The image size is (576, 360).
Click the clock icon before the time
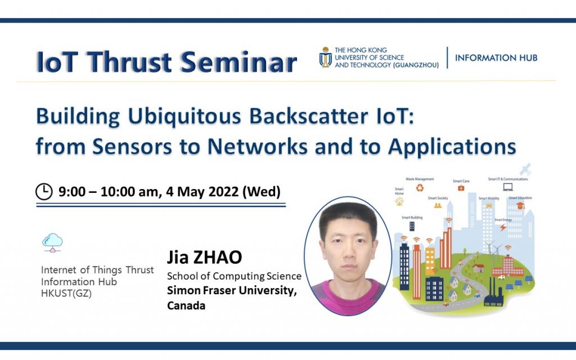click(x=43, y=192)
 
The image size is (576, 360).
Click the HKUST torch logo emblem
click(x=325, y=57)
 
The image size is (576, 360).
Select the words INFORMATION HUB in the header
click(x=496, y=58)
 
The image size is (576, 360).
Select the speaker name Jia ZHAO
click(x=204, y=258)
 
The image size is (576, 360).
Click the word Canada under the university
click(x=186, y=306)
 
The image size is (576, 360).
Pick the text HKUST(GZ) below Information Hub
click(x=67, y=294)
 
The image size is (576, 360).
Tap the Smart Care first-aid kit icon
click(x=461, y=188)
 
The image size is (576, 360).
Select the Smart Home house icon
click(x=399, y=201)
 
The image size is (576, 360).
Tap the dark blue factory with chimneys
click(x=493, y=293)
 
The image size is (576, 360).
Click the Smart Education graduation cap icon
click(x=520, y=206)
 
